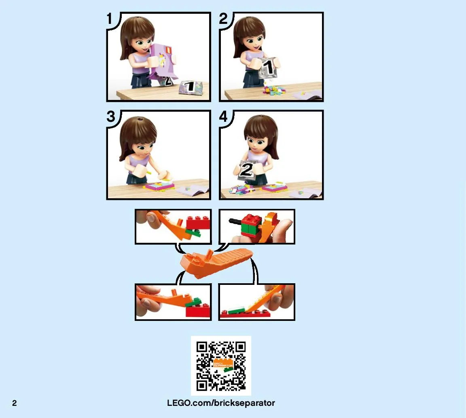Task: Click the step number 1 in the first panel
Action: (110, 19)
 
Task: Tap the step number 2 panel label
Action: (223, 19)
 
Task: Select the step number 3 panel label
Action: (110, 116)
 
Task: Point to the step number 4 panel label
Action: (223, 116)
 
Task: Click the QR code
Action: (221, 366)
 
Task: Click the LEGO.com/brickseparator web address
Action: (221, 403)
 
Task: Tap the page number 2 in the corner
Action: (14, 403)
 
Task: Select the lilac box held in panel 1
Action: (162, 62)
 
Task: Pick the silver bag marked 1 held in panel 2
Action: (269, 68)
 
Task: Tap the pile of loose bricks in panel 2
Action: (274, 90)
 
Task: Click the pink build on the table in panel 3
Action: (159, 186)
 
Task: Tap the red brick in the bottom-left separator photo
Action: (198, 311)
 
